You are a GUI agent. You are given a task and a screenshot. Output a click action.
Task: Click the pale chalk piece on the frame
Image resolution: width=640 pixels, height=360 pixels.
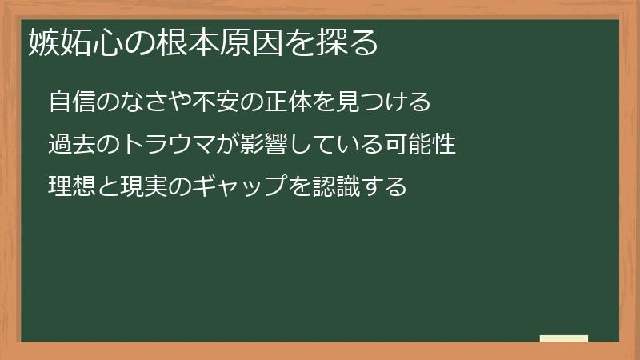(x=563, y=338)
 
